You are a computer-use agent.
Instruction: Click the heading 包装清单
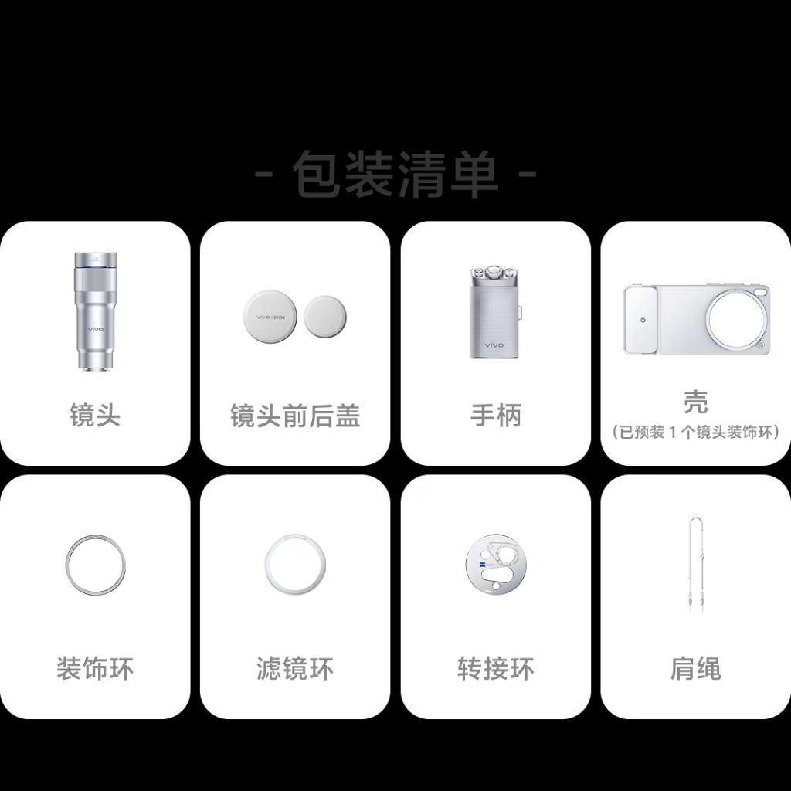point(395,174)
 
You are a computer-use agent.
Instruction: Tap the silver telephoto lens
point(96,311)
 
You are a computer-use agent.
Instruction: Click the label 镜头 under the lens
point(95,415)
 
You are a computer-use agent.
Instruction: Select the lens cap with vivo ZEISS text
point(270,317)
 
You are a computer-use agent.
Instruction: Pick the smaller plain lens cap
point(325,317)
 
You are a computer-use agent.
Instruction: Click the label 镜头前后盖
point(295,416)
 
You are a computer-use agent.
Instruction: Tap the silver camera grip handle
point(495,312)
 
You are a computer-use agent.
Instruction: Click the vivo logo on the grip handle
point(494,345)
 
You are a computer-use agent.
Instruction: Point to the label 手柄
point(495,415)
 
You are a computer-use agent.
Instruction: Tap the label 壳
point(696,402)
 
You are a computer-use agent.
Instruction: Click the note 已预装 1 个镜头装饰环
point(696,433)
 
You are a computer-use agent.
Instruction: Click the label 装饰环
point(95,669)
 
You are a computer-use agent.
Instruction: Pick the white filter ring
point(266,565)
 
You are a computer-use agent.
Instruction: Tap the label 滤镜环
point(295,669)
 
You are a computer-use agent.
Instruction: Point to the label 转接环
point(495,669)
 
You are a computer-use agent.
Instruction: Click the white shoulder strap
point(691,555)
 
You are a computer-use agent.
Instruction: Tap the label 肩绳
point(696,669)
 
